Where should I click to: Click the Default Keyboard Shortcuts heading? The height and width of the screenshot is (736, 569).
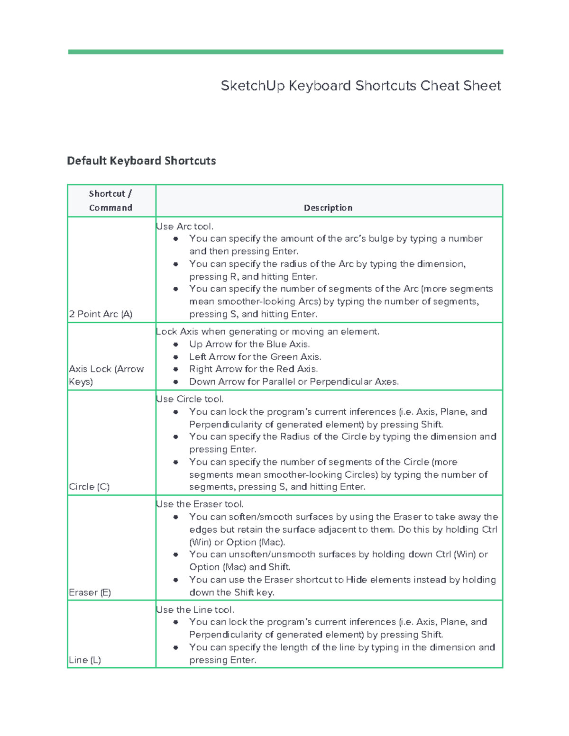tap(141, 161)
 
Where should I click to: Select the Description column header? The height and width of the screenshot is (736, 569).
tap(328, 208)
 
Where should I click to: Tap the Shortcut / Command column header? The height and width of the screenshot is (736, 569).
tap(110, 200)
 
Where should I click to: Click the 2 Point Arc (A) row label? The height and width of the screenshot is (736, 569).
tap(101, 314)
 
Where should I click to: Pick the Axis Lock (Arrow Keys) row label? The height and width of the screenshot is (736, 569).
tap(106, 375)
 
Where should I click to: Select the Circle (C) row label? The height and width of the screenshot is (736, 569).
tap(89, 487)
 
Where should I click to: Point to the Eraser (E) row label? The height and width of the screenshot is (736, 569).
tap(90, 592)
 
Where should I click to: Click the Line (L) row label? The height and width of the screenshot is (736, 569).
tap(85, 660)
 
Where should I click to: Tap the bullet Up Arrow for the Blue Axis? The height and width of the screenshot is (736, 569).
tap(249, 344)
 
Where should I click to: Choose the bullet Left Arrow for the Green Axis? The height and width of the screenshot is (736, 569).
tap(255, 357)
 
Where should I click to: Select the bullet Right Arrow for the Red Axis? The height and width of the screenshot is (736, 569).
tap(253, 369)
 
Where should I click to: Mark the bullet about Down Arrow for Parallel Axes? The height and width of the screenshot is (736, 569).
tap(294, 382)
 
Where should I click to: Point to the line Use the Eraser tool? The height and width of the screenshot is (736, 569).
tap(200, 504)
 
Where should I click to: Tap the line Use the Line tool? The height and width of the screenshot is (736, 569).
tap(195, 610)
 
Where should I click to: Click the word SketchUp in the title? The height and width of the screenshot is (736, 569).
tap(252, 86)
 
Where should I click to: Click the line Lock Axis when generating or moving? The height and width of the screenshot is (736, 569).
tap(267, 332)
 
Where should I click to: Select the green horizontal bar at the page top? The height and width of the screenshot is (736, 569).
tap(285, 52)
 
